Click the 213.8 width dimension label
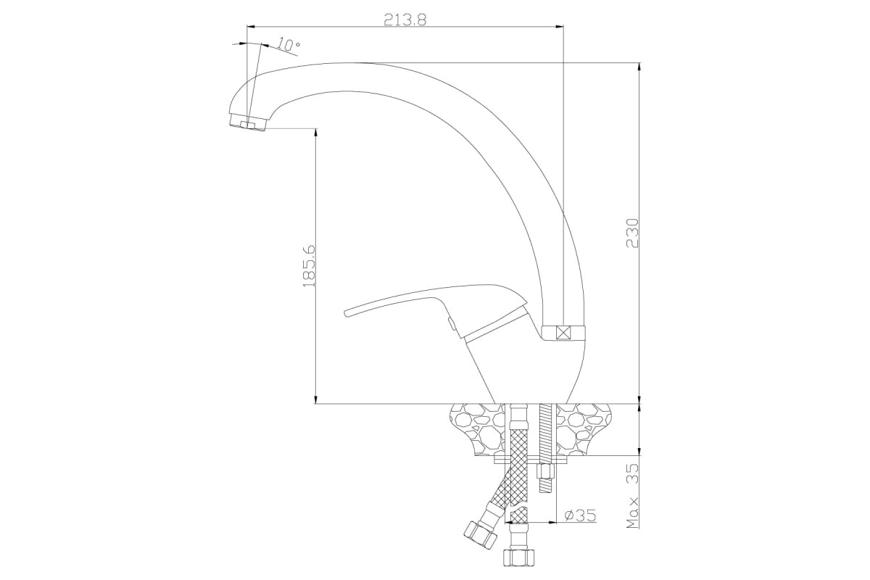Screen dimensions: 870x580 pyautogui.click(x=405, y=20)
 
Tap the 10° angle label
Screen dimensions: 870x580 pyautogui.click(x=289, y=46)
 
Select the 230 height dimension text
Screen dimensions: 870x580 pyautogui.click(x=632, y=233)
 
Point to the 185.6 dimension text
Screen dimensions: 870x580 pyautogui.click(x=310, y=266)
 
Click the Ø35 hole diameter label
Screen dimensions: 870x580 pyautogui.click(x=580, y=515)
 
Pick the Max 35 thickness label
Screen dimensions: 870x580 pyautogui.click(x=633, y=496)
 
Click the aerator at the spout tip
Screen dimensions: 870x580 pyautogui.click(x=247, y=122)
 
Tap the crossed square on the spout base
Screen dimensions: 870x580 pyautogui.click(x=563, y=333)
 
